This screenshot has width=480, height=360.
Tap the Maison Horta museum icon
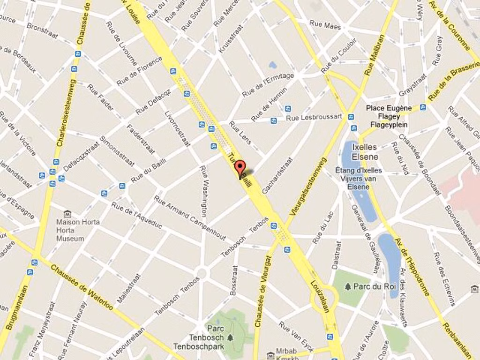[67, 214]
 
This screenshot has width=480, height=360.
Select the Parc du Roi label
[375, 286]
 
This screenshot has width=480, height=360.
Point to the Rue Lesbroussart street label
[314, 117]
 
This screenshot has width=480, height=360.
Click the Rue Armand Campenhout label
[189, 218]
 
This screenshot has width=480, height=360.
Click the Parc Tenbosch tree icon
[230, 337]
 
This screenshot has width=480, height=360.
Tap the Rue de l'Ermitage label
[268, 85]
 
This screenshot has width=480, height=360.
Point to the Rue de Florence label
[139, 71]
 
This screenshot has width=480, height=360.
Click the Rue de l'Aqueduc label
[136, 215]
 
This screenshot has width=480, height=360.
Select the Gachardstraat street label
[277, 175]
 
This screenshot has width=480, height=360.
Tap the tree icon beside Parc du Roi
[348, 286]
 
